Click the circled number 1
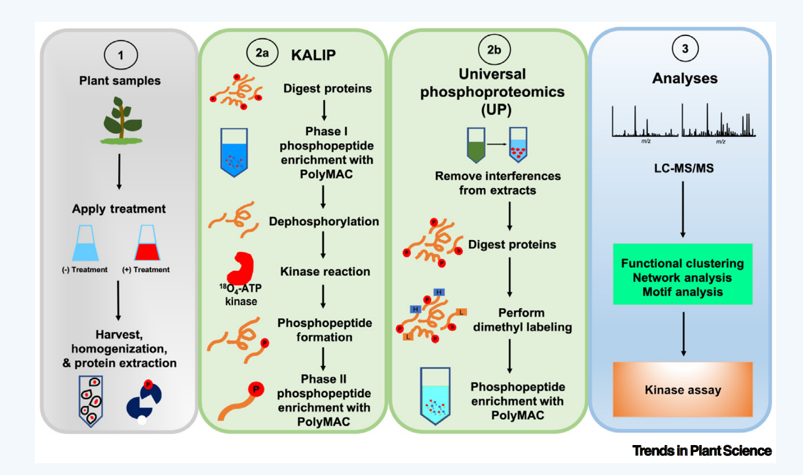(x=121, y=55)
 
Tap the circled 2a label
(x=262, y=53)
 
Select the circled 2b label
(x=494, y=50)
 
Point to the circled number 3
(x=685, y=49)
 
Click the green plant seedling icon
(x=122, y=121)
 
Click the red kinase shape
(x=241, y=268)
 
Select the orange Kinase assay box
(x=682, y=389)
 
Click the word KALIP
(x=313, y=55)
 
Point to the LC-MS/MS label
(x=684, y=168)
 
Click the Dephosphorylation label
(x=324, y=222)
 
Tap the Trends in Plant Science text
(x=702, y=451)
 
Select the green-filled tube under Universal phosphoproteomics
(x=476, y=145)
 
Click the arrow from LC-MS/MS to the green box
(x=683, y=210)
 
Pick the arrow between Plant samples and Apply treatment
(x=119, y=172)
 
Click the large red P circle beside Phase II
(x=256, y=389)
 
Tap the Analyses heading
(x=685, y=78)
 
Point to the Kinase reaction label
(x=325, y=271)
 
